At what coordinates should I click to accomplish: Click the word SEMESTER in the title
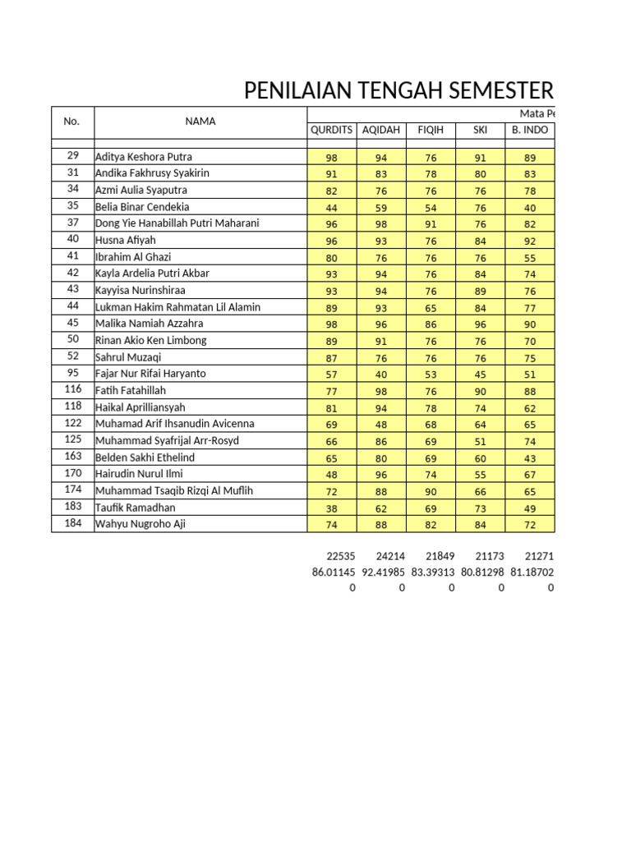(x=502, y=91)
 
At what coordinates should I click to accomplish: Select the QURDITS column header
(x=331, y=130)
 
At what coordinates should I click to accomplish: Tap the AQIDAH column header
(x=380, y=130)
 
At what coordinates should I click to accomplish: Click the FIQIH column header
(x=431, y=130)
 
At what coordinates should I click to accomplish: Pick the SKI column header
(x=481, y=130)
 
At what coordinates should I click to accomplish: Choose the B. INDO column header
(x=530, y=130)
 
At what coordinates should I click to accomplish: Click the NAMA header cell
(x=200, y=122)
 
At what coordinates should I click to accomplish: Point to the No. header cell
(x=72, y=122)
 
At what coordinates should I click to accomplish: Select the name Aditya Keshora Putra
(x=144, y=157)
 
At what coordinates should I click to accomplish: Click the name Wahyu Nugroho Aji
(x=140, y=524)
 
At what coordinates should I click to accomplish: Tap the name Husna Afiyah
(x=126, y=240)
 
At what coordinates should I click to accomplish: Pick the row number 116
(x=72, y=390)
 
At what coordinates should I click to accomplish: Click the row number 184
(x=72, y=524)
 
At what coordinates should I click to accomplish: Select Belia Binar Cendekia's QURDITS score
(x=331, y=208)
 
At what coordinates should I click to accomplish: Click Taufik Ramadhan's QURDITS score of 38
(x=331, y=508)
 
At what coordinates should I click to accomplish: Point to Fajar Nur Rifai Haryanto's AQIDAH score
(x=380, y=375)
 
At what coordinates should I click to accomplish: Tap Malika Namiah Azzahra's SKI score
(x=481, y=324)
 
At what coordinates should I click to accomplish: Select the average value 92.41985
(x=383, y=572)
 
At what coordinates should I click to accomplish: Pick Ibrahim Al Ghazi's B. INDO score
(x=530, y=258)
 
